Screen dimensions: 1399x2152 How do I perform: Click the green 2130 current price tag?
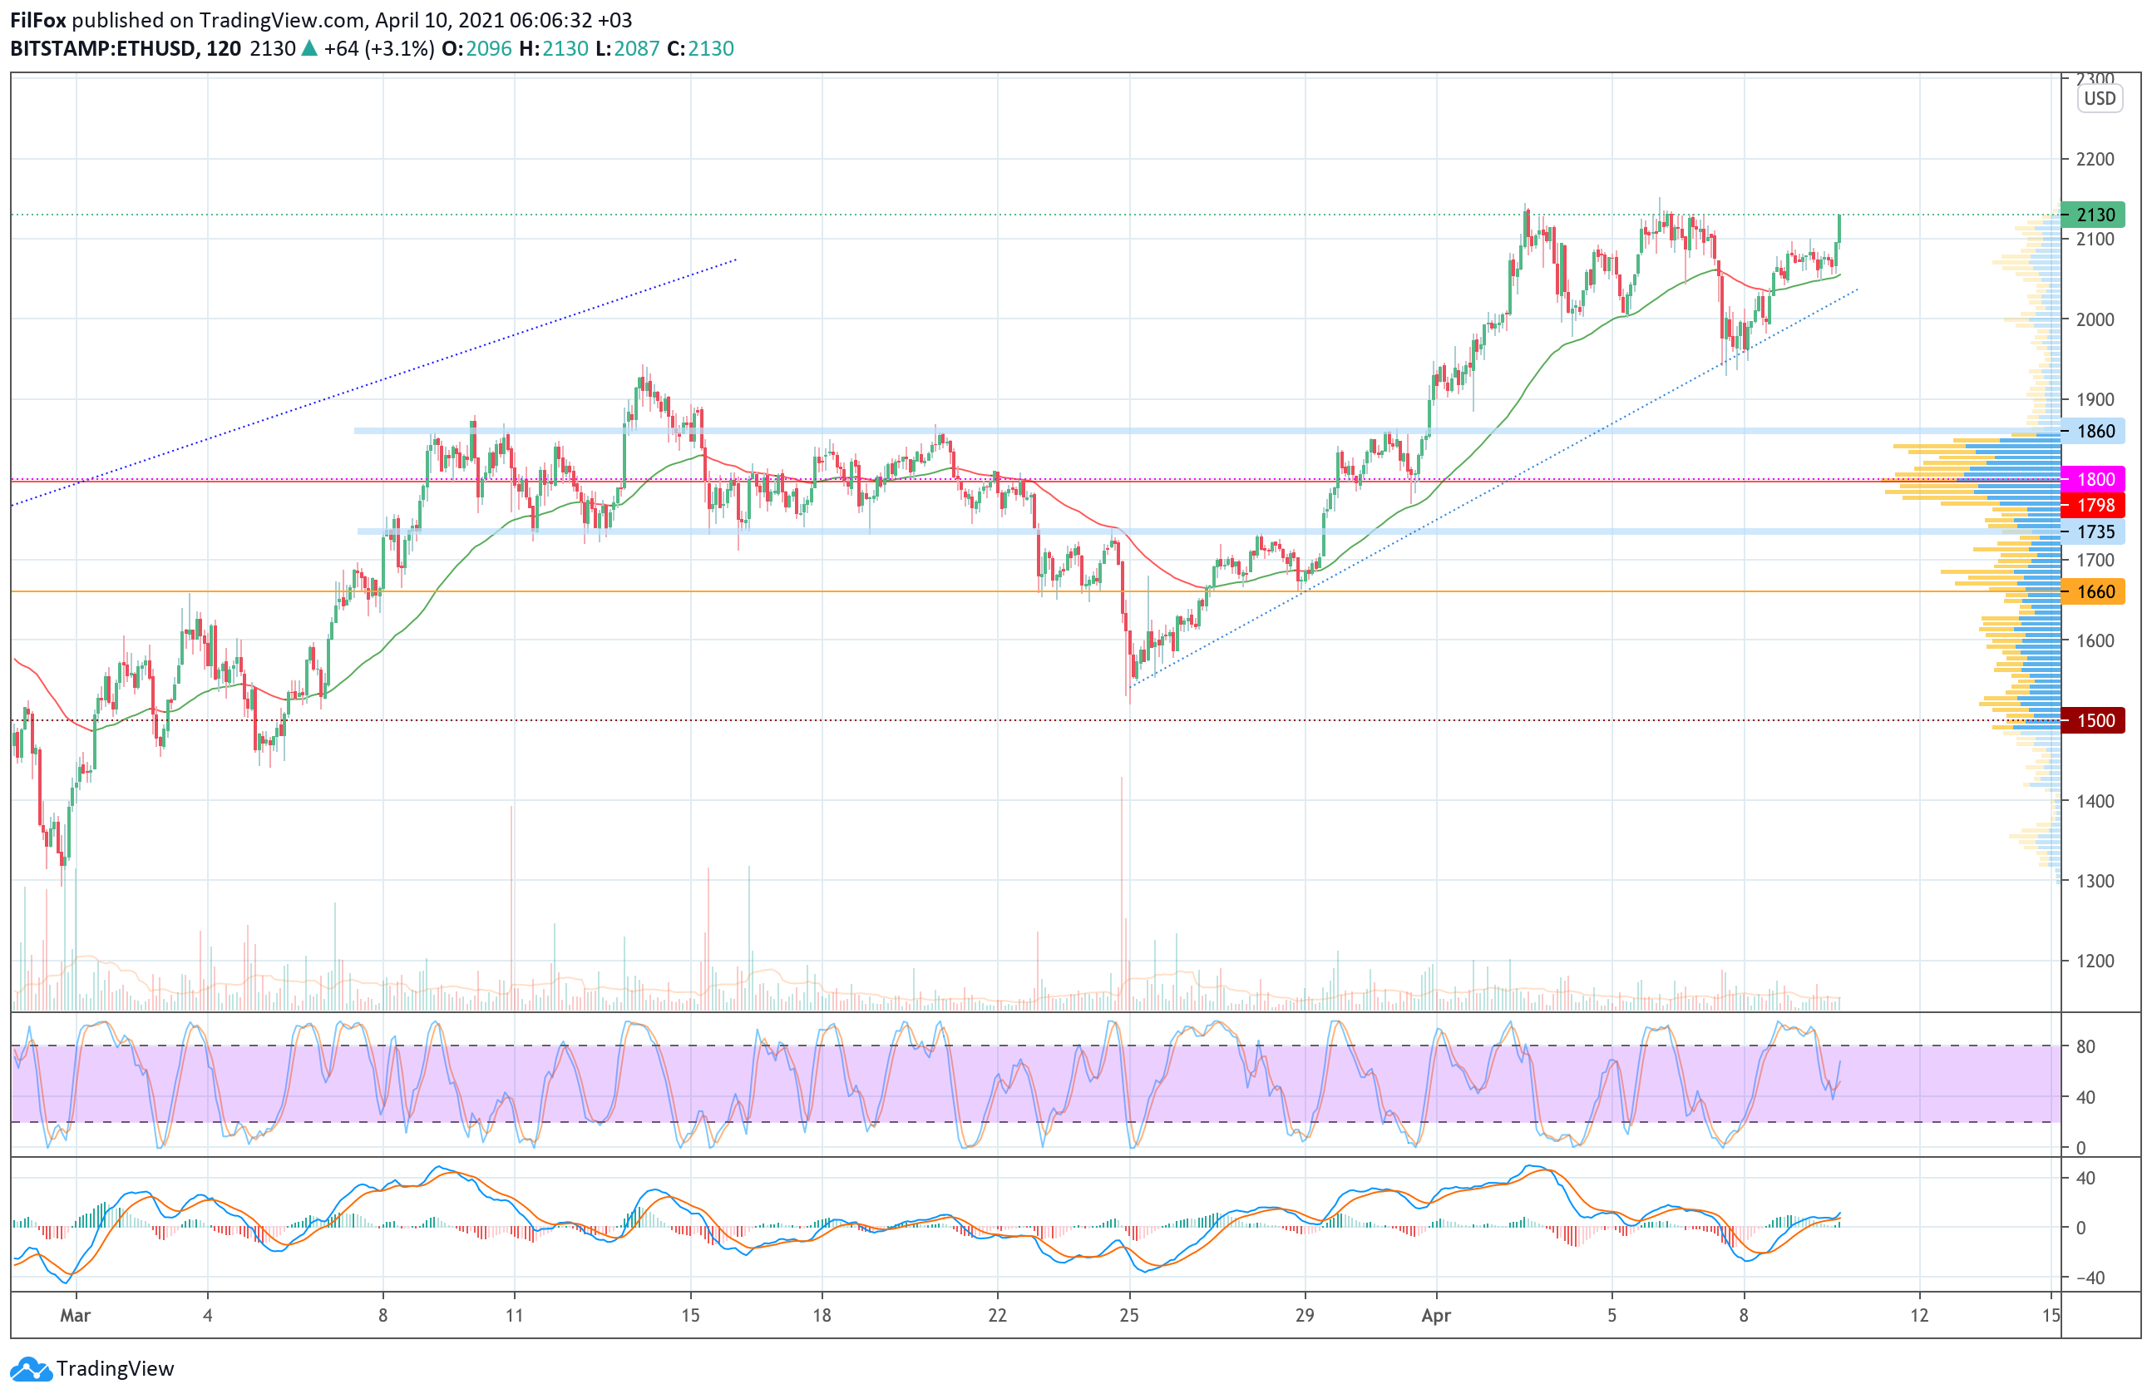pos(2093,215)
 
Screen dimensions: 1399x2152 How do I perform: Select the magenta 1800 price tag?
pos(2093,479)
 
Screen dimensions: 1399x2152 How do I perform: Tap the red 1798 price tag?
pos(2093,505)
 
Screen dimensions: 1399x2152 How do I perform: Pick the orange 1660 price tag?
pos(2093,591)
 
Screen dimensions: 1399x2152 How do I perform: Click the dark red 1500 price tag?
pos(2093,721)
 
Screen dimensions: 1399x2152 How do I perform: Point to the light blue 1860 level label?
pos(2093,432)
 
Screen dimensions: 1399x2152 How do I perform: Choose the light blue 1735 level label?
pos(2093,531)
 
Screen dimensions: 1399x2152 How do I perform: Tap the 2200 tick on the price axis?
pos(2095,159)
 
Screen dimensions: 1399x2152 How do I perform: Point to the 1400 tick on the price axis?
pos(2095,801)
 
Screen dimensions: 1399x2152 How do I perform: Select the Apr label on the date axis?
pos(1436,1316)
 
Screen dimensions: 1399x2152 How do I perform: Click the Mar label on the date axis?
pos(75,1316)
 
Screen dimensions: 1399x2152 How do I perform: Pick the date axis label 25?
pos(1129,1316)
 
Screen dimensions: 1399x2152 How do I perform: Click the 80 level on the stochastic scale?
pos(2086,1047)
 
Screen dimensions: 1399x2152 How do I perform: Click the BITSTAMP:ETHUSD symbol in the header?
pos(102,49)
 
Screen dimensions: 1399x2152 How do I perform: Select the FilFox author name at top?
pos(38,20)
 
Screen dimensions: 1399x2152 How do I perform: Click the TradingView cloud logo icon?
pos(31,1369)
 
